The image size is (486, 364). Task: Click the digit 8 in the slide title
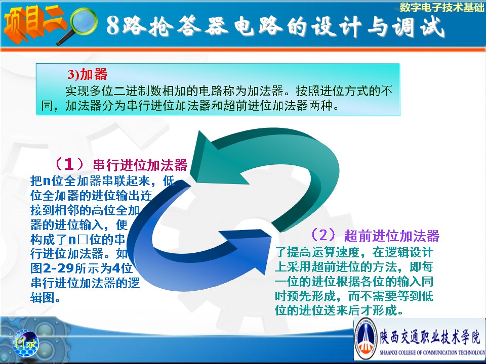[x=113, y=25]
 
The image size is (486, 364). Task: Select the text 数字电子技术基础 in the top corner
[x=441, y=7]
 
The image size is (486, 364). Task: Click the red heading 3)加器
[x=88, y=74]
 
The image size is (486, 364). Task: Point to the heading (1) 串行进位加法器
[x=121, y=165]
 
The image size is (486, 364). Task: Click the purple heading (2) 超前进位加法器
[x=375, y=236]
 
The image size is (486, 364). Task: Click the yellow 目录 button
[x=25, y=343]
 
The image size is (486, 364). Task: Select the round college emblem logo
[x=366, y=338]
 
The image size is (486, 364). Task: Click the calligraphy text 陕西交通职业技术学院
[x=430, y=336]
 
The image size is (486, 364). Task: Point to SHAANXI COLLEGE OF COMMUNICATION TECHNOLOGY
[x=432, y=352]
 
